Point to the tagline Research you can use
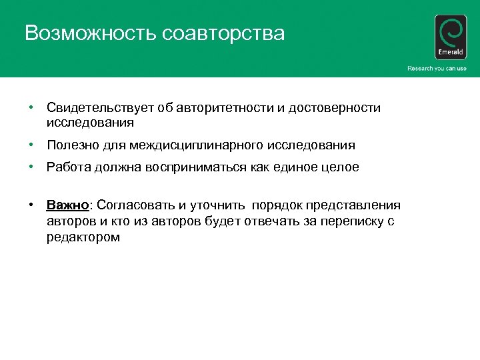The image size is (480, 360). [x=437, y=69]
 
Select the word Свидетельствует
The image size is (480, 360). [x=98, y=108]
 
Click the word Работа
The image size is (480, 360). [x=66, y=167]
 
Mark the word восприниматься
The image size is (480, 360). [x=207, y=167]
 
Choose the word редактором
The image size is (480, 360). [x=83, y=237]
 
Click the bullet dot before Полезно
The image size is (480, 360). [x=31, y=145]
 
